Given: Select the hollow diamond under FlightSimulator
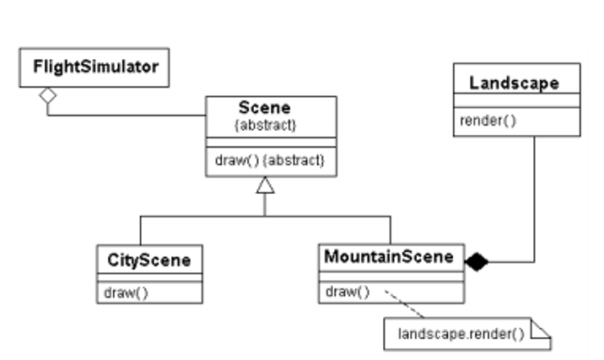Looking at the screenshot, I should (x=48, y=95).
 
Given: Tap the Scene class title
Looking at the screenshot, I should (x=264, y=107).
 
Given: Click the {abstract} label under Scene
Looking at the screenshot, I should (x=264, y=124).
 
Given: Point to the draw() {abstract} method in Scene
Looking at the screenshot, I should (x=269, y=159).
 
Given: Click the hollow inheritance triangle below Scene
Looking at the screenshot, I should (x=265, y=184).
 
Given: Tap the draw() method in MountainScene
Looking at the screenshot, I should (x=348, y=292).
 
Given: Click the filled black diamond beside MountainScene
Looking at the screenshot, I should (x=477, y=261).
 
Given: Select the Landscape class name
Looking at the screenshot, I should (x=514, y=83).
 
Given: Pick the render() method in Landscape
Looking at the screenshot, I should (x=488, y=120).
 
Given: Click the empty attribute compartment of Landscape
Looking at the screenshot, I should (x=517, y=102).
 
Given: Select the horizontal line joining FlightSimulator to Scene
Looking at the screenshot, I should (x=127, y=115).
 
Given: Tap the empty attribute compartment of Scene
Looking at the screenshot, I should (x=271, y=142).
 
